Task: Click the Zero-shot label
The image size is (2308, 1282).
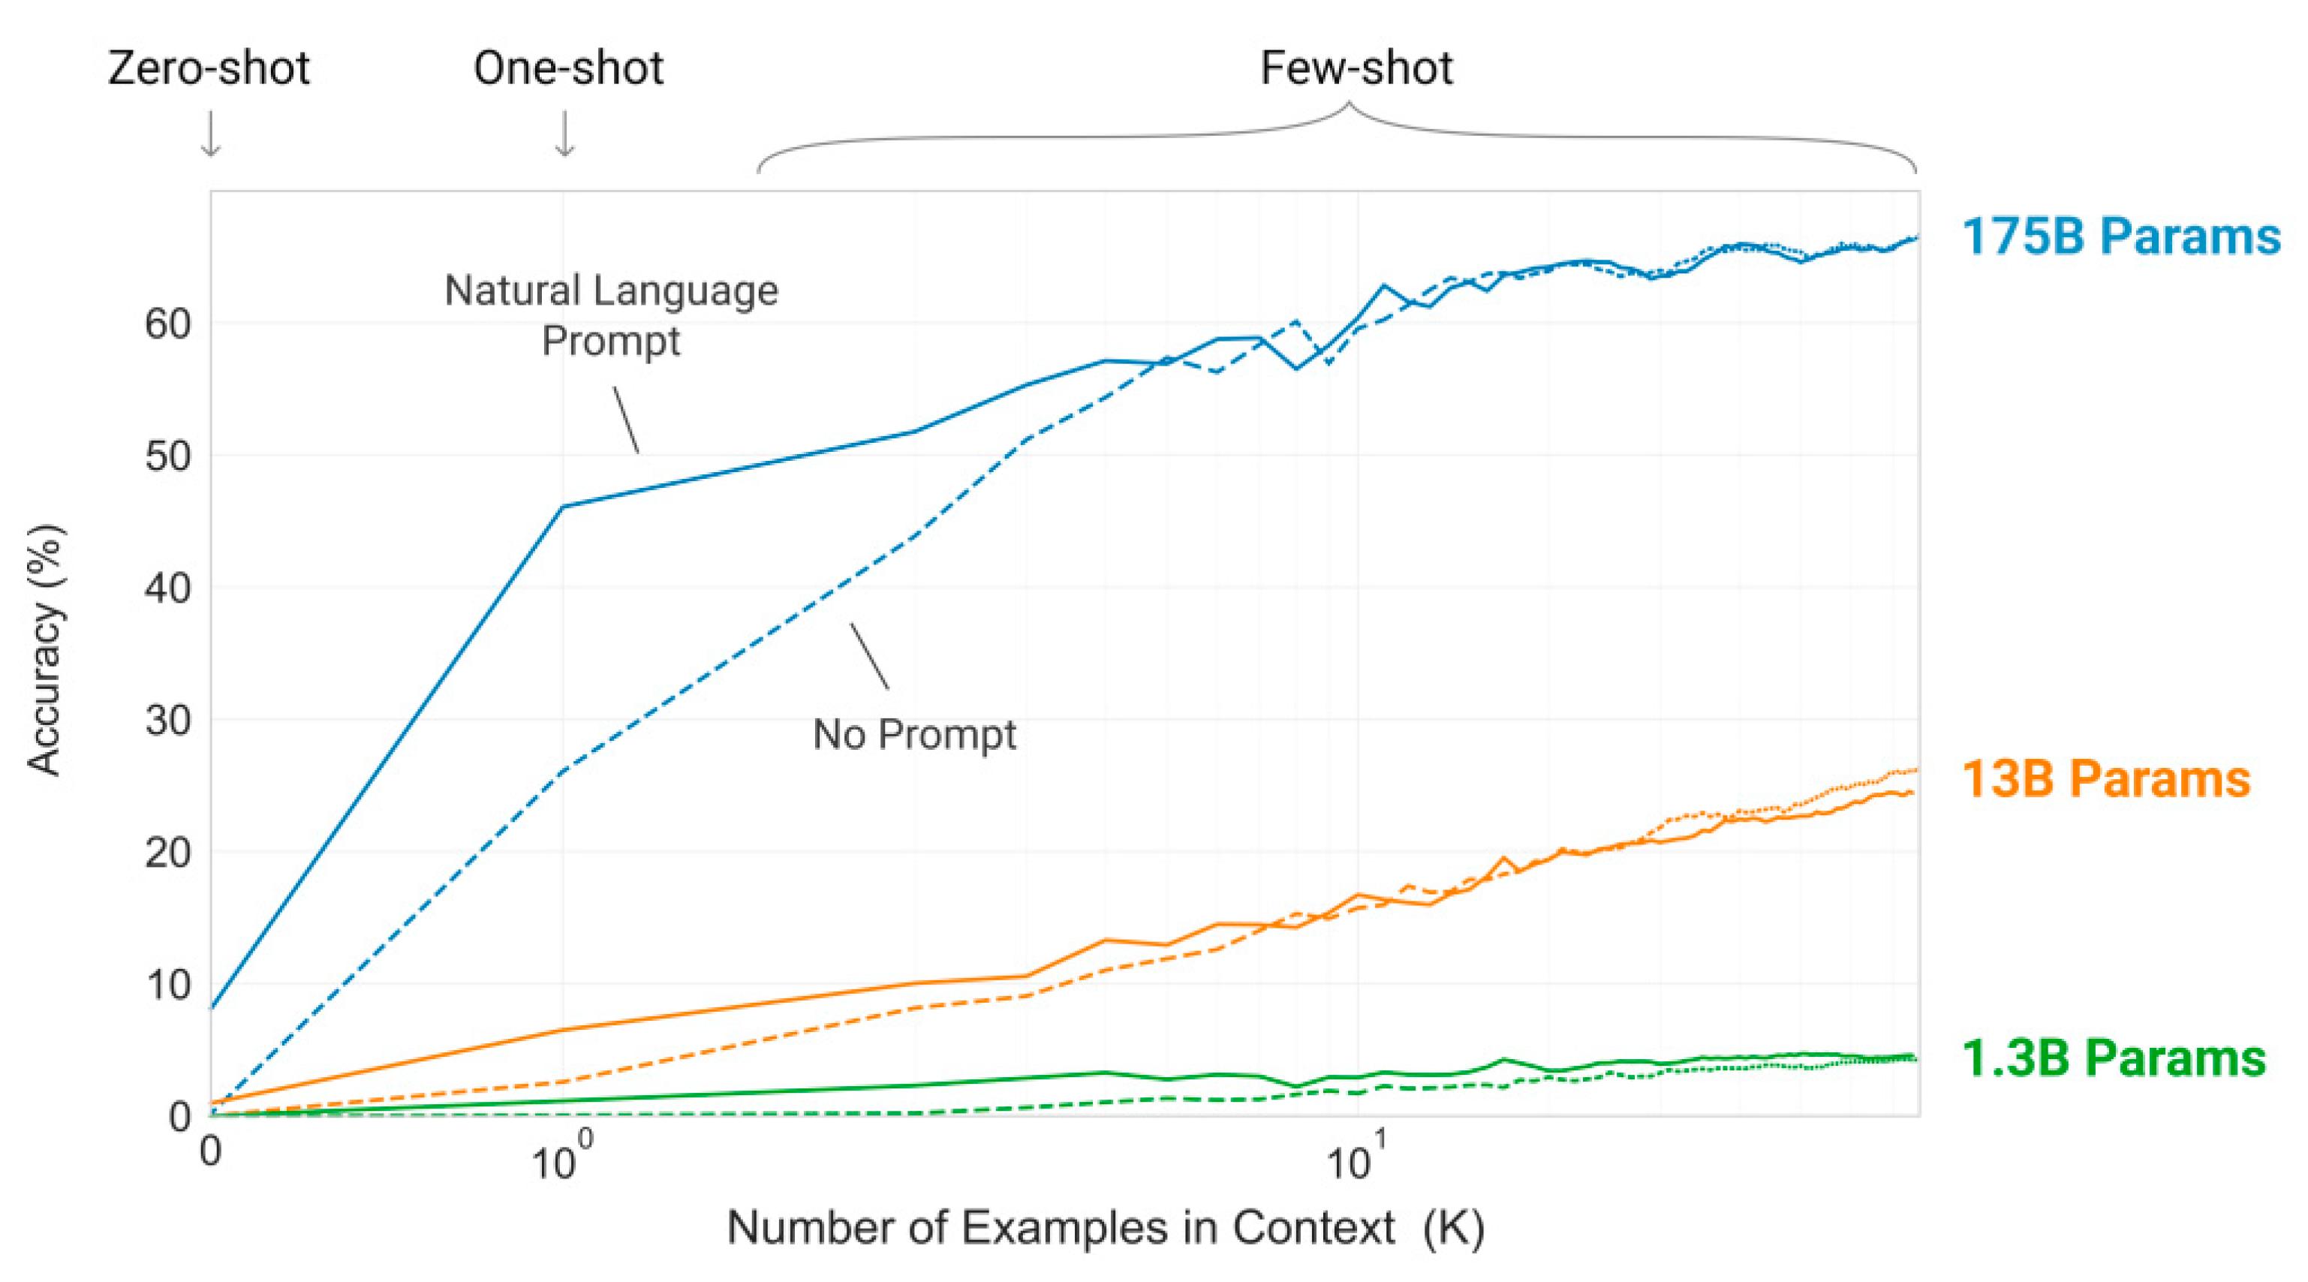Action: click(x=208, y=68)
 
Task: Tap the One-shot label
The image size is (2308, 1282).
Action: click(x=568, y=68)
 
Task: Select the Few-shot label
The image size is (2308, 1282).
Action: click(x=1356, y=68)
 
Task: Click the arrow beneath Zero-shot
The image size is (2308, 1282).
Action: click(x=211, y=134)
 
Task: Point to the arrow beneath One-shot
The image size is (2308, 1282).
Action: click(x=564, y=134)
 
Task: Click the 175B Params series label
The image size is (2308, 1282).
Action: click(x=2120, y=237)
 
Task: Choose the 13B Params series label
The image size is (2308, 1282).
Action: click(x=2105, y=778)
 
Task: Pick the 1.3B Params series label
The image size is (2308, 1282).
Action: click(x=2113, y=1058)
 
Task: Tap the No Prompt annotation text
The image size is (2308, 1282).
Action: click(x=914, y=735)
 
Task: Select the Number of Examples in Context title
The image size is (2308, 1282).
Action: click(x=1105, y=1227)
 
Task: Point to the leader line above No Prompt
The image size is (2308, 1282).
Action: click(x=869, y=656)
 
